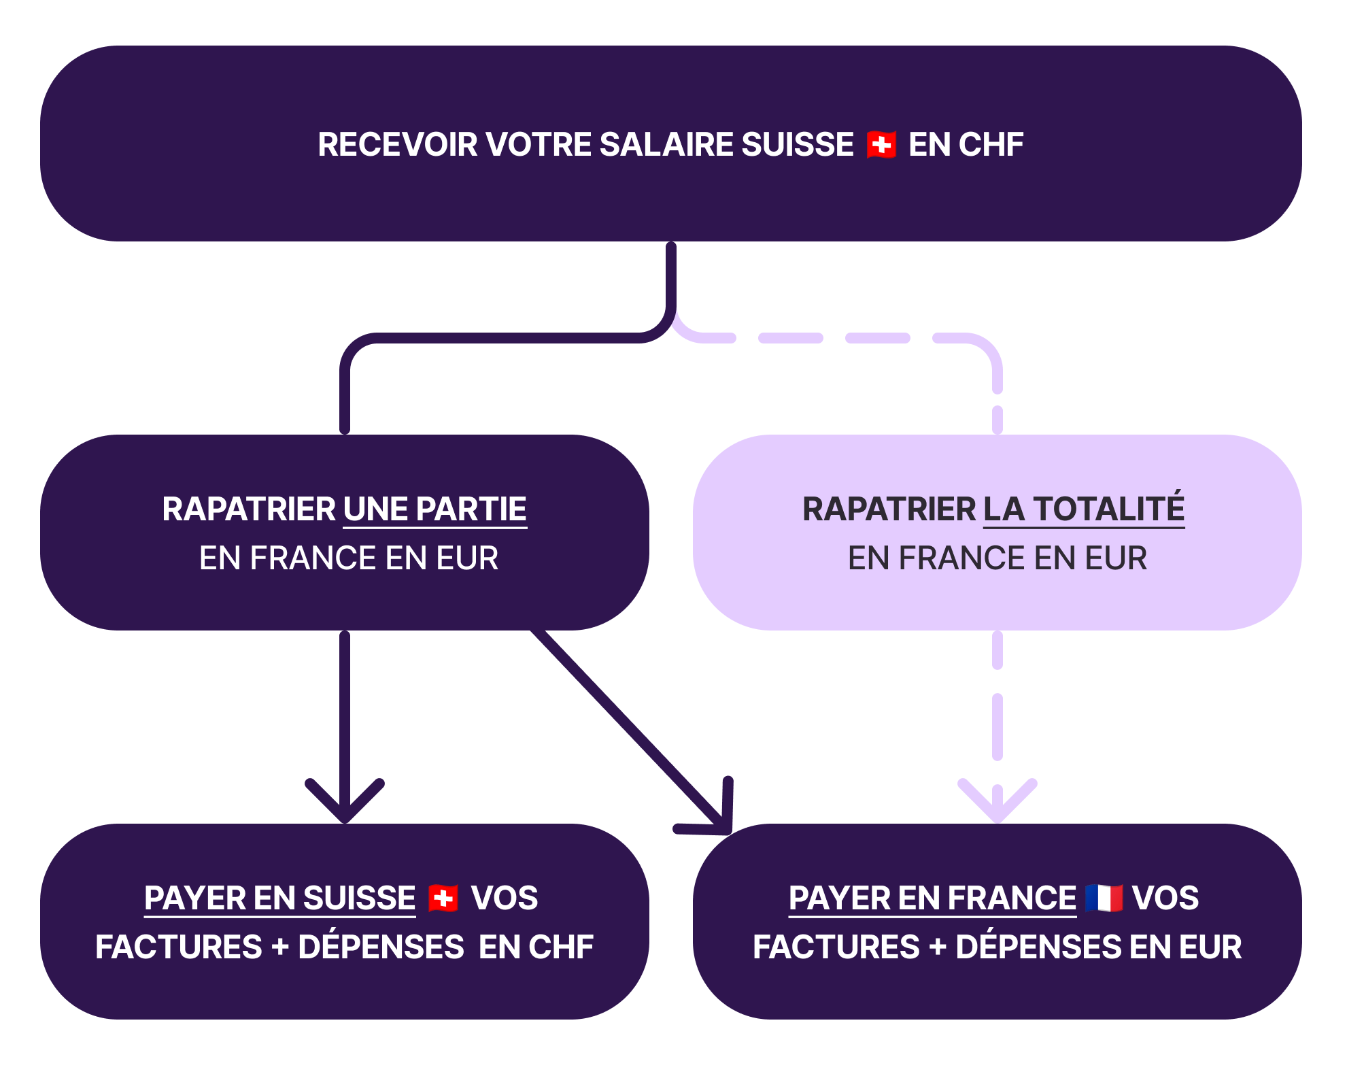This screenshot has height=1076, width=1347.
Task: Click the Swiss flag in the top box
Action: [x=881, y=145]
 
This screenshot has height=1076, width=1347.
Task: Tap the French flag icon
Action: [x=1104, y=898]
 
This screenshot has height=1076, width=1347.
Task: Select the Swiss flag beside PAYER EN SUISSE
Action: [x=443, y=898]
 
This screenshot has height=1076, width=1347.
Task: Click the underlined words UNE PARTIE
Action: [x=435, y=509]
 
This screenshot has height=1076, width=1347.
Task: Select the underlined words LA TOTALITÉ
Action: [x=1084, y=509]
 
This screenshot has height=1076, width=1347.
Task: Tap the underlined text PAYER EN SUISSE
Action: [x=279, y=898]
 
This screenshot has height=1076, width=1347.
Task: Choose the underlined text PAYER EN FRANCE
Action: [x=932, y=898]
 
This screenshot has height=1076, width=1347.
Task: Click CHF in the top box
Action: [x=991, y=145]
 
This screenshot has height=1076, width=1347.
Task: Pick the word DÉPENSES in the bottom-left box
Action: [x=381, y=947]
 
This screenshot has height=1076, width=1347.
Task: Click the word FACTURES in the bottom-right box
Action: [x=836, y=947]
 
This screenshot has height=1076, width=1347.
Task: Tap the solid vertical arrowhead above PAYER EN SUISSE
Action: [x=345, y=809]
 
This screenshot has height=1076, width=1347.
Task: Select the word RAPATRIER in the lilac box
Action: [x=889, y=509]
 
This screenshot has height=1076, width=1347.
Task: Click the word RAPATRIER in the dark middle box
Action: [x=249, y=509]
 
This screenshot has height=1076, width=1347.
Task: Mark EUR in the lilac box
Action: [x=1116, y=558]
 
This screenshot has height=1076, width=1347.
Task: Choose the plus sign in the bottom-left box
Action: [x=280, y=947]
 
